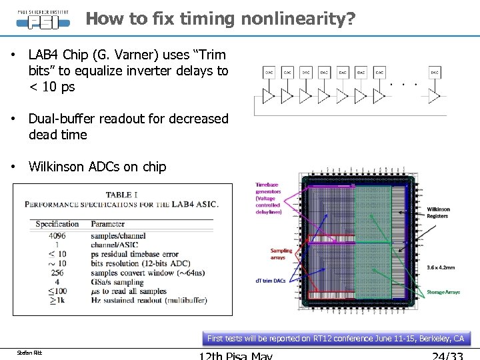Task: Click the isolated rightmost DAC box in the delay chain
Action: point(435,72)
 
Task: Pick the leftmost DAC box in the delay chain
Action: point(269,72)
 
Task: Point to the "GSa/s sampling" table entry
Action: point(117,282)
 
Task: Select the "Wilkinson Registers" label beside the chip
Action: point(438,213)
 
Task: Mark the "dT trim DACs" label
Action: point(270,281)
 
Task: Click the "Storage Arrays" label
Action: point(443,293)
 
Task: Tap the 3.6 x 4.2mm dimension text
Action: point(441,267)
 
